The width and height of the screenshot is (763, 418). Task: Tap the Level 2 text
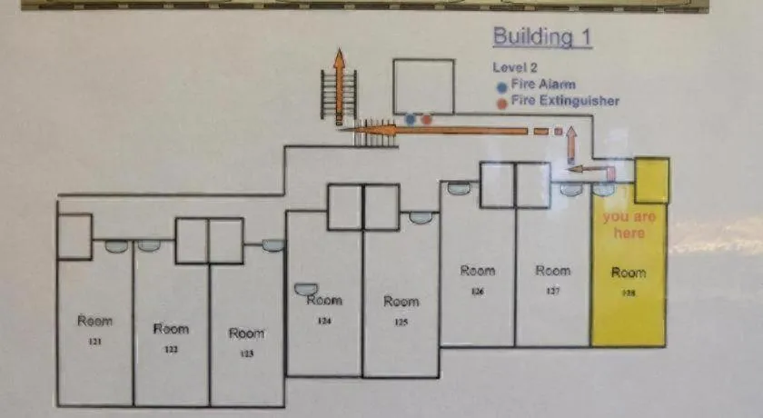(514, 67)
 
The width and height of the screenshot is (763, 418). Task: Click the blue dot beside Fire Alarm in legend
(501, 85)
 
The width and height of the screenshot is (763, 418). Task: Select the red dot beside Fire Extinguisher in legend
(501, 102)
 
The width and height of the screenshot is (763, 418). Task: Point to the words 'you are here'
(629, 225)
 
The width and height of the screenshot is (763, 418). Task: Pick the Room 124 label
(323, 307)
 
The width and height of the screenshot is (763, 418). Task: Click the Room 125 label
(401, 308)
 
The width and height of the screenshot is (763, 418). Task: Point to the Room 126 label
(478, 276)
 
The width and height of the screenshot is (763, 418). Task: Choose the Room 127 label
(552, 276)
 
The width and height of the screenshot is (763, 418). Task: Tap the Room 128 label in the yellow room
(629, 278)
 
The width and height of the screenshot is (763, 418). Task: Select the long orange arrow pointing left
(436, 131)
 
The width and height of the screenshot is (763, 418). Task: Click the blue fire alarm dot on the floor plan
(411, 119)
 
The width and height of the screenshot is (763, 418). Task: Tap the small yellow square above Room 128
(651, 181)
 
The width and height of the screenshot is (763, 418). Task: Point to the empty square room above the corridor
(423, 87)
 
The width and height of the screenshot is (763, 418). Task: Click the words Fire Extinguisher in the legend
(565, 101)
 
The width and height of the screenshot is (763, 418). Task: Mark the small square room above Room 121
(74, 236)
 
